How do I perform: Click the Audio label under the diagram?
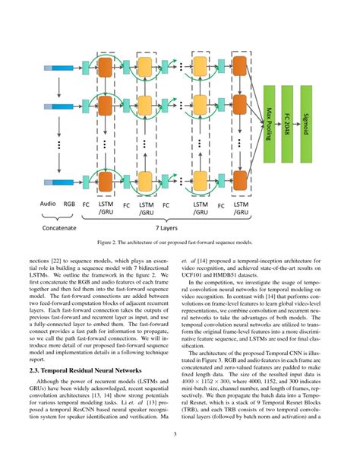[x=49, y=204]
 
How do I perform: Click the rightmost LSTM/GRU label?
[x=242, y=208]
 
